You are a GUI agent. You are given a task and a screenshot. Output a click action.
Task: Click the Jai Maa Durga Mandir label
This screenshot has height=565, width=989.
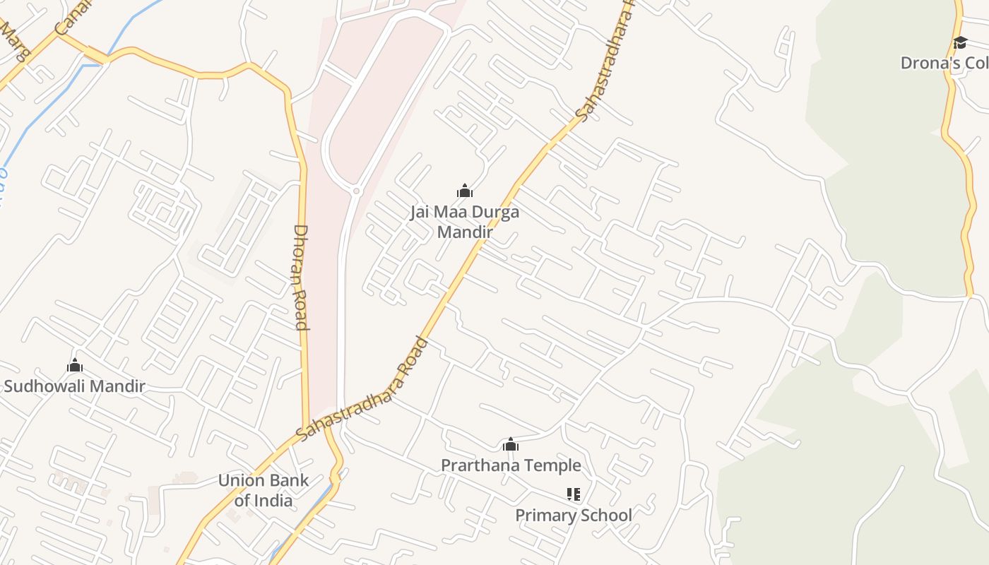pos(464,222)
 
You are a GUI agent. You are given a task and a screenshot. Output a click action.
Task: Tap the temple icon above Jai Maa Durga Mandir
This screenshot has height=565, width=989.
pos(464,191)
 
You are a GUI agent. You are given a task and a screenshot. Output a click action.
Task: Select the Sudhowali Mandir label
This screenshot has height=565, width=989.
pos(74,386)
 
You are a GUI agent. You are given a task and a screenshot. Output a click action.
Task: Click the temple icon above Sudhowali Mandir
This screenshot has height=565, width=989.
pos(74,365)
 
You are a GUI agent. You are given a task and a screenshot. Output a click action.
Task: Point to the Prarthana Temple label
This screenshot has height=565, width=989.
pos(511,465)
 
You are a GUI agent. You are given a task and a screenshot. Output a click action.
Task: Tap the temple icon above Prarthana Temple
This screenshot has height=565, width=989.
pos(511,444)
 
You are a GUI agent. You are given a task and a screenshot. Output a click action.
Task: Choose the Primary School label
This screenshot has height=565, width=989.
pos(573,515)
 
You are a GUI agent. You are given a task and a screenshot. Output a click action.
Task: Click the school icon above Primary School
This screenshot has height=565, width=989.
pos(573,494)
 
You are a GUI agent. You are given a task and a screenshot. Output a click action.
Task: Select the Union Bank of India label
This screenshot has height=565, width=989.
pos(263,490)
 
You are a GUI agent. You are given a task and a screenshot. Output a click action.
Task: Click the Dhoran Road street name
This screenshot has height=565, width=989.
pos(301,277)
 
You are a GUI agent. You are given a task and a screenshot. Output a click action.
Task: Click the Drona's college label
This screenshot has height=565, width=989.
pos(944,63)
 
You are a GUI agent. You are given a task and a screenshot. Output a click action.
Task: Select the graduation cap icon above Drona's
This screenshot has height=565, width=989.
pos(959,42)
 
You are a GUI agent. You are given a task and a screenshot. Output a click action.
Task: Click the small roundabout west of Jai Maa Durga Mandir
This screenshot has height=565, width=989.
pos(356,191)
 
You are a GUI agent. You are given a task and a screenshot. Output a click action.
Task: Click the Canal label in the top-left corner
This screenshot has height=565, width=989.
pos(72,16)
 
